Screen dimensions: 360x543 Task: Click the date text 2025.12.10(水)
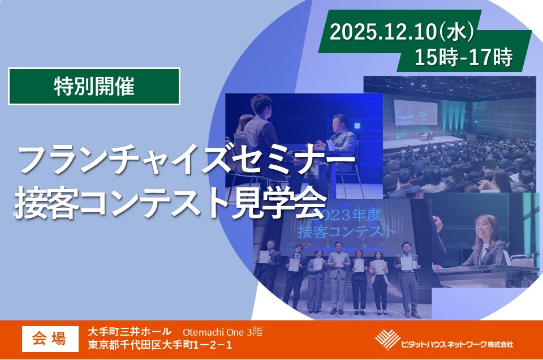[401, 32]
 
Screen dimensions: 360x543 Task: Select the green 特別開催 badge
[94, 87]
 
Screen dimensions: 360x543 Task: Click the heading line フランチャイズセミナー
[187, 160]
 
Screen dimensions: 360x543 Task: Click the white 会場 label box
[50, 338]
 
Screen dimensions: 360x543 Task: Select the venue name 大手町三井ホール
[130, 332]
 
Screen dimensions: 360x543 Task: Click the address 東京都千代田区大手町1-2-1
[161, 345]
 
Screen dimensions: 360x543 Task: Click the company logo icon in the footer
[387, 340]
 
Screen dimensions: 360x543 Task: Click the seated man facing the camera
[339, 142]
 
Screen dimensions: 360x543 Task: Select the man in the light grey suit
[338, 277]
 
